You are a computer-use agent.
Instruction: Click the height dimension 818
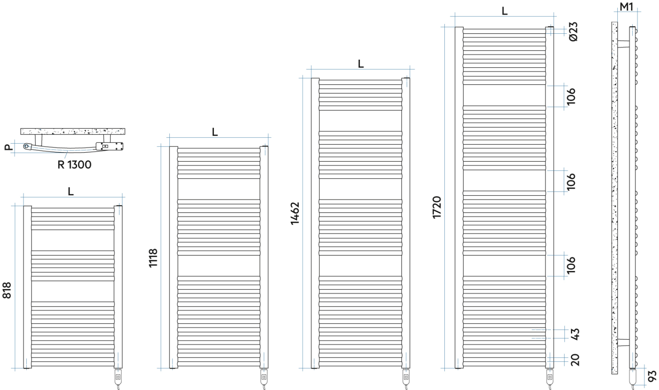click(x=7, y=290)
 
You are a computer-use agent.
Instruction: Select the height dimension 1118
click(x=153, y=258)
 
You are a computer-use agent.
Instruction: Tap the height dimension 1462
click(x=295, y=214)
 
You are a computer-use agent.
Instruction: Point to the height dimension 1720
click(x=437, y=207)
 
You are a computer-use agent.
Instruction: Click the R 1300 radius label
click(x=74, y=165)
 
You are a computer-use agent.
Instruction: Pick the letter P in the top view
click(x=8, y=147)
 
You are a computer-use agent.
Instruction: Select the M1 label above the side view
click(x=626, y=7)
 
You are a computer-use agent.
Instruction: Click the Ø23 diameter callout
click(x=573, y=32)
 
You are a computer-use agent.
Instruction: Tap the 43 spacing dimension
click(x=575, y=334)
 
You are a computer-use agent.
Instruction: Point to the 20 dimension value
click(x=575, y=360)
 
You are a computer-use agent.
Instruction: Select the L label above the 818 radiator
click(x=71, y=191)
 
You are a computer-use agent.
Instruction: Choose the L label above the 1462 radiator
click(x=361, y=64)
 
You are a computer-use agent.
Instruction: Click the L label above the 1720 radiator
click(x=505, y=12)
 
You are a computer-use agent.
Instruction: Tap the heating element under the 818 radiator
click(x=118, y=377)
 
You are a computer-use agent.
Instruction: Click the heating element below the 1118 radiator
click(x=264, y=377)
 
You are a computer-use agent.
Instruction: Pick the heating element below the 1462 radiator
click(x=406, y=377)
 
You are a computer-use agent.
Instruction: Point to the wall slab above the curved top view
click(x=72, y=132)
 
